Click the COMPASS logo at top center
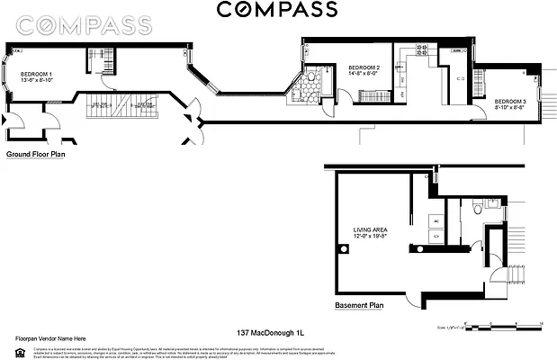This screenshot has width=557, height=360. pos(276,10)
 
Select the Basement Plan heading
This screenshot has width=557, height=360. pos(359,305)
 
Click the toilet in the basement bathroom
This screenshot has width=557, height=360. pos(476,211)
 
